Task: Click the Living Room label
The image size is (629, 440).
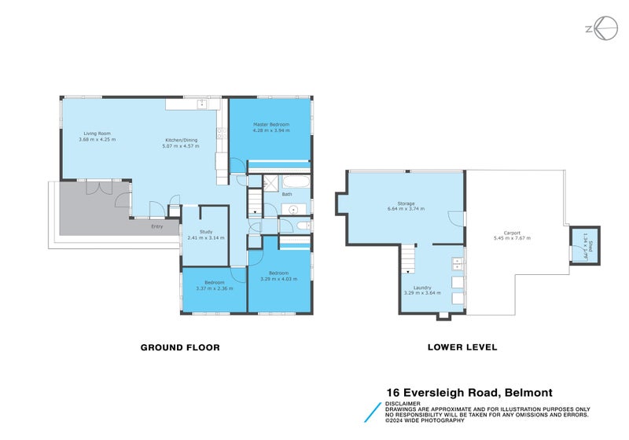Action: point(97,134)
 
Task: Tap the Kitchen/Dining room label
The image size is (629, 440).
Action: point(180,141)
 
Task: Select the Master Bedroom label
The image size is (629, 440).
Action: point(270,125)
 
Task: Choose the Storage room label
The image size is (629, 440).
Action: point(406,203)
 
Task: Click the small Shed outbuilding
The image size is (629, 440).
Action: point(585,246)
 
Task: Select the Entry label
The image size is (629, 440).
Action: point(158,226)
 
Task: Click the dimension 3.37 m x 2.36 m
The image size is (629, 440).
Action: point(215,287)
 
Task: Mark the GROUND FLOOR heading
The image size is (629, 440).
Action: point(179,346)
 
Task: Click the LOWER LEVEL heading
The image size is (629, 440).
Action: point(462,346)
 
